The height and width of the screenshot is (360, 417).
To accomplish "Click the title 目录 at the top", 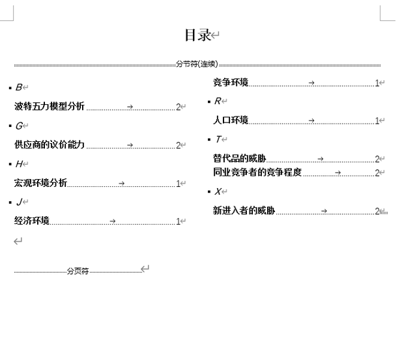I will pos(198,35).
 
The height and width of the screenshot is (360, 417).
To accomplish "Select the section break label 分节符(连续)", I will pos(197,64).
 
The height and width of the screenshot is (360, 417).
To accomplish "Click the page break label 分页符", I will pos(78,271).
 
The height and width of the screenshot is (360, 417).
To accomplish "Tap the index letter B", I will pos(19,87).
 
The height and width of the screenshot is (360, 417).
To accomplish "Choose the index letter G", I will pos(19,126).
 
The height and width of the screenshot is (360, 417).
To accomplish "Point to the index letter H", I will pos(19,164).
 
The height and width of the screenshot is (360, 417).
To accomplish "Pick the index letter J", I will pos(19,202).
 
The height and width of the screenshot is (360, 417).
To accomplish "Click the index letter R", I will pos(218,101).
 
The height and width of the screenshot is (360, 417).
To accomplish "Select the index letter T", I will pos(218,139).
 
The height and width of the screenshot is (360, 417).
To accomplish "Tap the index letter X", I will pos(218,191).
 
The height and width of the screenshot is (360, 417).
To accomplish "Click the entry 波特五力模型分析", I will pos(50,107).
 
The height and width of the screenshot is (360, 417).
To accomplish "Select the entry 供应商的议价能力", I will pos(50,145).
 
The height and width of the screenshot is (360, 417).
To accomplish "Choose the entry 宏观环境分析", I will pos(40,184).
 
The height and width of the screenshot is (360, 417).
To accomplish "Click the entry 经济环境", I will pos(32,221).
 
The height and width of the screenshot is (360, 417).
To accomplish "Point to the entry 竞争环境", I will pos(231,83).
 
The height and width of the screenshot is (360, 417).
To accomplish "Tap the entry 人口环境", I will pos(231,120).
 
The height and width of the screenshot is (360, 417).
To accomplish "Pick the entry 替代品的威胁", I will pos(239,158).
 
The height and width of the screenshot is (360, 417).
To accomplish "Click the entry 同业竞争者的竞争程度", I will pos(257,173).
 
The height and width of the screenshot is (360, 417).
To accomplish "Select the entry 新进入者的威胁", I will pos(244,211).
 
